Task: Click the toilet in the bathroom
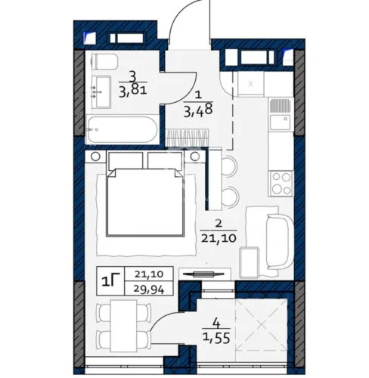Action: (104, 61)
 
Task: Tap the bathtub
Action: (122, 129)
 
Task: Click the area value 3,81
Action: (133, 90)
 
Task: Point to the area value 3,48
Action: (199, 111)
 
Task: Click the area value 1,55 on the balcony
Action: (217, 338)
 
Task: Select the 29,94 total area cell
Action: (149, 290)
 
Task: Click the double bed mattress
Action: (146, 203)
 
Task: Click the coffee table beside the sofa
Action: (250, 262)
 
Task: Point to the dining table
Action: (123, 326)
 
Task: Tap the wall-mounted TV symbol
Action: (203, 274)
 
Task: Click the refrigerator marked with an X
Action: (250, 84)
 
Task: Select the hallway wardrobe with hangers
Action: (187, 138)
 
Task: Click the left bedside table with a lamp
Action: (95, 156)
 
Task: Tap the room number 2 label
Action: (219, 224)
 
